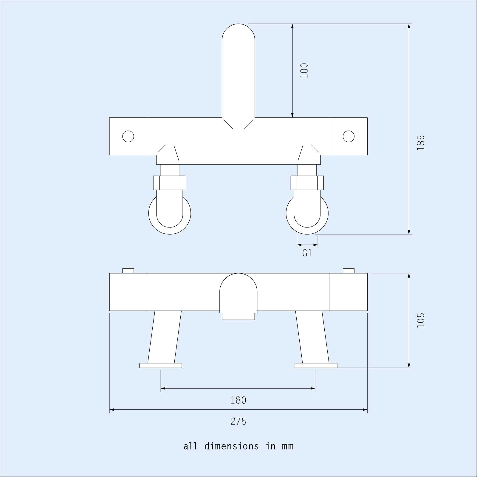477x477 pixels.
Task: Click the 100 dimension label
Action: [304, 71]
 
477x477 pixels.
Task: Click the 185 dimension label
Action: [420, 143]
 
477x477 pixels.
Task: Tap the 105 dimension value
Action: [420, 320]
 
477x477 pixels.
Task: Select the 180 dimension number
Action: [238, 400]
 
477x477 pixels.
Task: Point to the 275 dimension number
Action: [238, 422]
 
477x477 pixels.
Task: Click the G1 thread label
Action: [307, 253]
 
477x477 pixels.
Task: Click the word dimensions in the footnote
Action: [232, 446]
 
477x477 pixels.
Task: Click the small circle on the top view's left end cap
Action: [128, 137]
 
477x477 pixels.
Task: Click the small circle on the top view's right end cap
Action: [349, 137]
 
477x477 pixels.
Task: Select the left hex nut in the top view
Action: [170, 183]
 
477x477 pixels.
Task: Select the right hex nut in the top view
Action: [307, 183]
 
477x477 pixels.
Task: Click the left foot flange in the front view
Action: [161, 366]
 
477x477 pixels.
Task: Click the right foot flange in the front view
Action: [316, 366]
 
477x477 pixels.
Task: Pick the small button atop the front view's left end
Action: [128, 271]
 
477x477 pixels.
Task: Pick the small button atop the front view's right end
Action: [349, 271]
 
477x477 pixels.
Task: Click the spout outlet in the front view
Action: [238, 316]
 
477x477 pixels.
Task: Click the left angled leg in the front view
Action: [165, 337]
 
